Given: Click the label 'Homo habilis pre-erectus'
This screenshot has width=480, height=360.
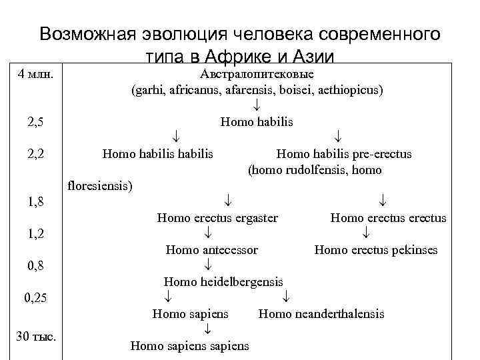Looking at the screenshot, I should click(x=343, y=154).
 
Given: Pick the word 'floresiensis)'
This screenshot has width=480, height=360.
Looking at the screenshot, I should click(x=101, y=185).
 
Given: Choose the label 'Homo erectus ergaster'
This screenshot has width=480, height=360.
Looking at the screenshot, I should click(x=217, y=218).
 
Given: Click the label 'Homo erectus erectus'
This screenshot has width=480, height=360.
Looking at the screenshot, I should click(x=388, y=218).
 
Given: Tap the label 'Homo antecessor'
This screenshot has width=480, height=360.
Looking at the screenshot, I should click(x=211, y=250).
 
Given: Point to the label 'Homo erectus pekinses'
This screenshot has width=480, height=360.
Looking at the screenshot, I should click(x=375, y=250).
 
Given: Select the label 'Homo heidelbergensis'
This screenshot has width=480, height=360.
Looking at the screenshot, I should click(x=223, y=282).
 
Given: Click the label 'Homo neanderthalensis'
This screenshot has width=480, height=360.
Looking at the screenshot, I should click(x=321, y=313).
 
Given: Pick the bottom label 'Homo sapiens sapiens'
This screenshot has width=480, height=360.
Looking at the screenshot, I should click(x=189, y=345).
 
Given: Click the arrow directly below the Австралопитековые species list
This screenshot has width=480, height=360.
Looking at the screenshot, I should click(x=257, y=106).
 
